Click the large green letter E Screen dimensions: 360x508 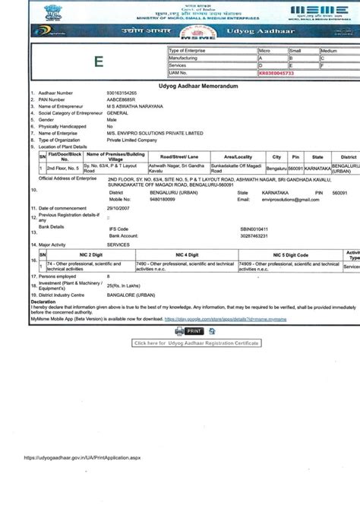coord(99,63)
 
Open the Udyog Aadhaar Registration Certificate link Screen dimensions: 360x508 coord(197,342)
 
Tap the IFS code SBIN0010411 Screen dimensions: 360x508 coord(255,228)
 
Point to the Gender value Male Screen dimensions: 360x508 coord(112,120)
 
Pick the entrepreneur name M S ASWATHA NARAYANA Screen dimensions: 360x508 coord(136,106)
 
